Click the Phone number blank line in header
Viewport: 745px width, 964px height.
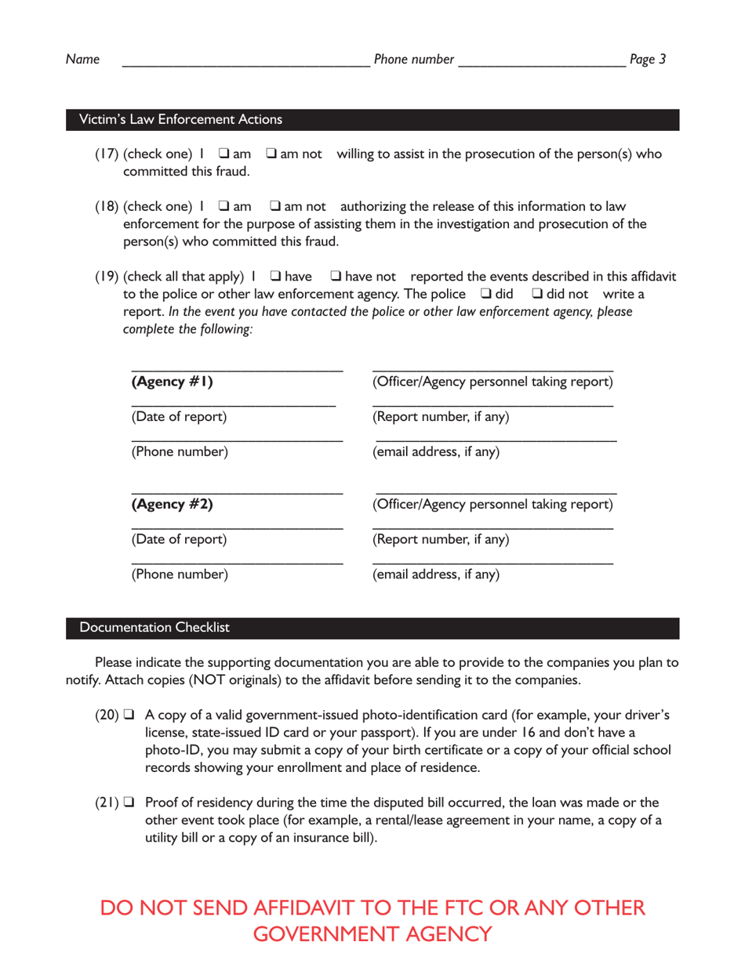pyautogui.click(x=541, y=63)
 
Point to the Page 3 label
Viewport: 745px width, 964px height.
pyautogui.click(x=647, y=60)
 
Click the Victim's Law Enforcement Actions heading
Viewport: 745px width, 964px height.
pyautogui.click(x=176, y=120)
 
